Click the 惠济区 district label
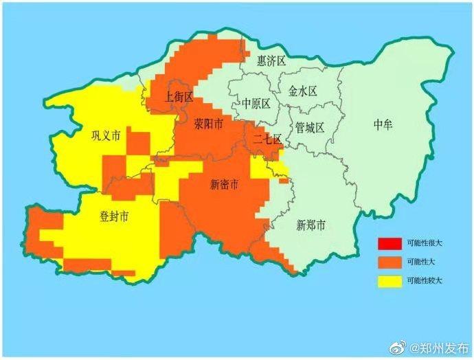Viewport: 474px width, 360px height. [271, 61]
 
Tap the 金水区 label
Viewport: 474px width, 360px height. [302, 91]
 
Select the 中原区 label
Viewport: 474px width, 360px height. [256, 104]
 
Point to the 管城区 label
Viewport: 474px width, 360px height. [309, 127]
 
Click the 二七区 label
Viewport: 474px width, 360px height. [267, 140]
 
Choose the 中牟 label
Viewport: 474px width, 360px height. [384, 124]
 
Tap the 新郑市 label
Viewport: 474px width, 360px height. [311, 225]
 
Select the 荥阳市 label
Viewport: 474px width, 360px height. [208, 125]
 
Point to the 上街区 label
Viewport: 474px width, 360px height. [179, 97]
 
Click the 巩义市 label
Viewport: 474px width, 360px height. [106, 135]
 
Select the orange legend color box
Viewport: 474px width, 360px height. [389, 262]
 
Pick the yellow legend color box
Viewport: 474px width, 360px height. [389, 280]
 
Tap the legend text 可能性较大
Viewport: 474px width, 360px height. [425, 281]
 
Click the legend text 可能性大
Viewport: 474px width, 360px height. [422, 262]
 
